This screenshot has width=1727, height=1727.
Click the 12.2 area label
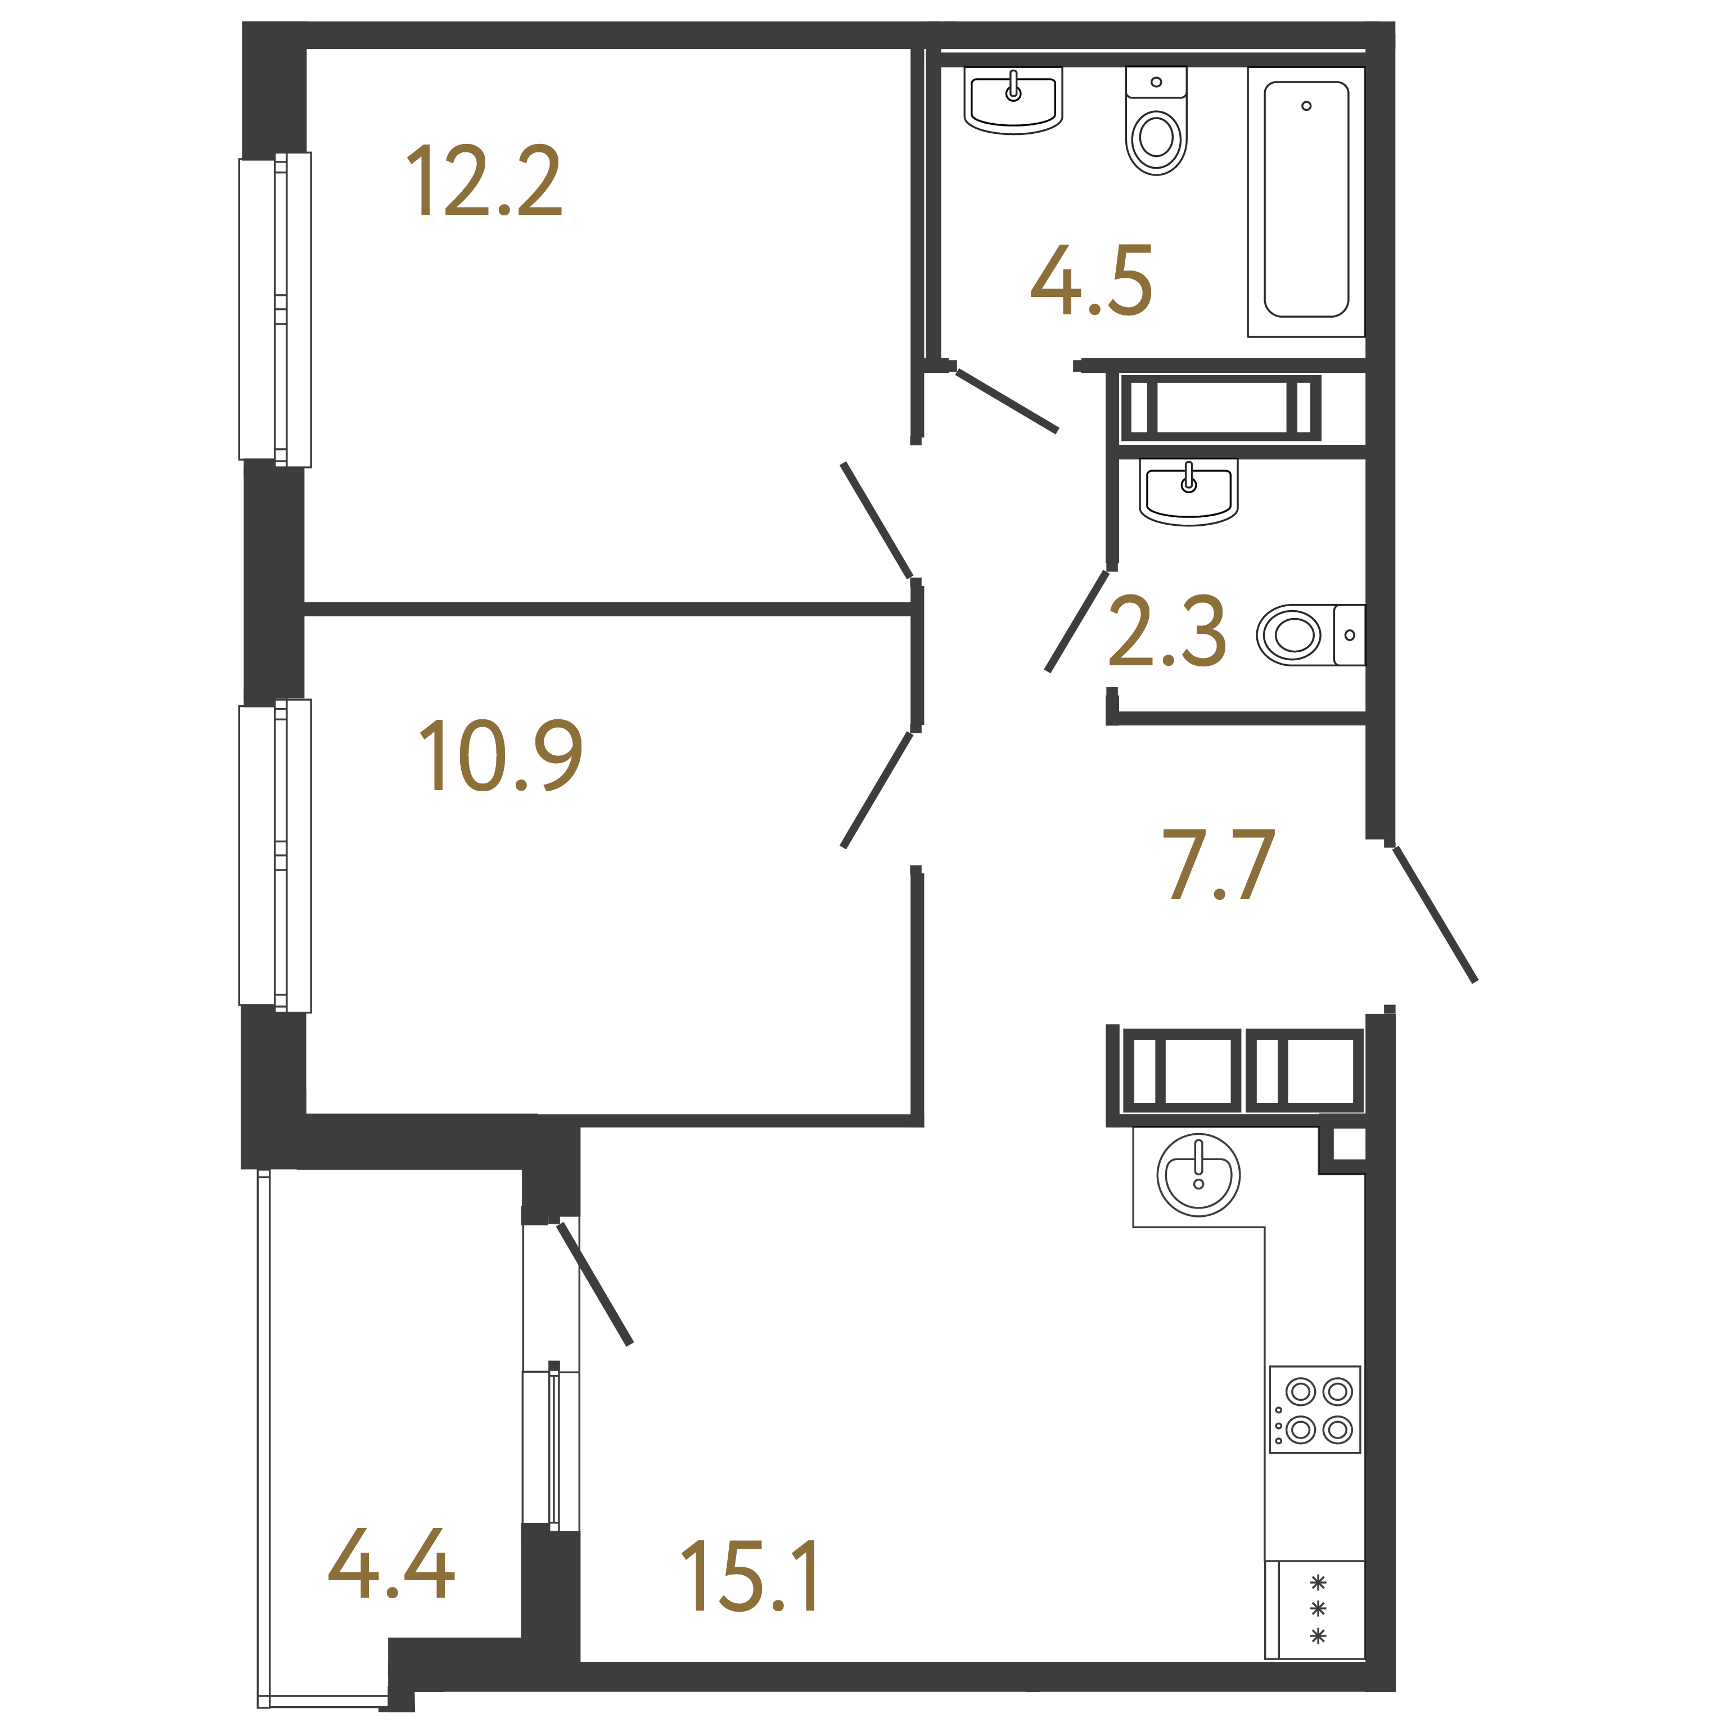pos(485,182)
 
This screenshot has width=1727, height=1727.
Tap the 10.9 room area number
pos(500,755)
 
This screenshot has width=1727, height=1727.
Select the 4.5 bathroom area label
pos(1092,280)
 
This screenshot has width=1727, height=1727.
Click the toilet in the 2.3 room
pos(1310,635)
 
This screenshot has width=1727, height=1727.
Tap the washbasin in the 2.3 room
pos(1188,492)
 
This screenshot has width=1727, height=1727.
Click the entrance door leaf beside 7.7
pos(1434,914)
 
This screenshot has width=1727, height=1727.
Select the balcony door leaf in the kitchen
pos(594,1284)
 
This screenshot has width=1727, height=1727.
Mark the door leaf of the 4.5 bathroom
pos(1007,400)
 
